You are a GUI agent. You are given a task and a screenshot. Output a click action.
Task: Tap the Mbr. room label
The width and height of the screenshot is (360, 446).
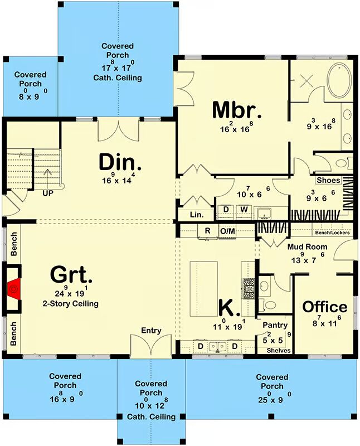click(x=237, y=110)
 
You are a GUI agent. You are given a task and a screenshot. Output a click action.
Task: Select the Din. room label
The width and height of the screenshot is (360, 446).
click(x=120, y=162)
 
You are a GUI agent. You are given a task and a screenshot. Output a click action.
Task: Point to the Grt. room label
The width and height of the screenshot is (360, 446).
click(x=71, y=275)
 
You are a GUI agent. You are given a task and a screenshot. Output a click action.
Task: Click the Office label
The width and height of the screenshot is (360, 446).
click(x=324, y=307)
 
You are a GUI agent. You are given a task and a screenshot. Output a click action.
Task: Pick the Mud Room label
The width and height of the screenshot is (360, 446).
click(x=307, y=246)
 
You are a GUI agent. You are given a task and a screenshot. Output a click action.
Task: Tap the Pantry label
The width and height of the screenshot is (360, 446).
click(x=275, y=325)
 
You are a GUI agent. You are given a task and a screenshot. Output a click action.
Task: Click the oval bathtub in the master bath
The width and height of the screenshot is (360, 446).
click(x=339, y=81)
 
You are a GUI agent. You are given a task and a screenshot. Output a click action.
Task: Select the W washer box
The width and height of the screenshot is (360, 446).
click(x=244, y=210)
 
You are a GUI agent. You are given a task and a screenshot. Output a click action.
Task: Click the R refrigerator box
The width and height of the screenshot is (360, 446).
click(x=207, y=231)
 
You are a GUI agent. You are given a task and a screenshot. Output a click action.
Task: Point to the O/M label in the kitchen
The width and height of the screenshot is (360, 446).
click(x=228, y=231)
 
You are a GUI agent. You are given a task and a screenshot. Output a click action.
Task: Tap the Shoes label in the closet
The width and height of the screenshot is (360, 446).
click(x=328, y=180)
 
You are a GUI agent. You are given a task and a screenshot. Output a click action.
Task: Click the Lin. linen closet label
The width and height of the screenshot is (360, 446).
click(x=197, y=215)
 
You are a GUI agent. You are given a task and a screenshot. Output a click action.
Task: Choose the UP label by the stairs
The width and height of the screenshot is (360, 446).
click(x=48, y=193)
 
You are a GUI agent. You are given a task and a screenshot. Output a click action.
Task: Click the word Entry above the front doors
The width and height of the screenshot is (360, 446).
click(x=151, y=331)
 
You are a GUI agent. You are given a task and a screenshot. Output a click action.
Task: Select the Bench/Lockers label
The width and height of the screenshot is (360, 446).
click(x=333, y=232)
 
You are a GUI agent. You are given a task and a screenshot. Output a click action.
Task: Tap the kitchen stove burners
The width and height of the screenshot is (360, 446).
click(x=248, y=288)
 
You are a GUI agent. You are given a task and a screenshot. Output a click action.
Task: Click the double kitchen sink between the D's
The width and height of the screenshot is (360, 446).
click(x=217, y=346)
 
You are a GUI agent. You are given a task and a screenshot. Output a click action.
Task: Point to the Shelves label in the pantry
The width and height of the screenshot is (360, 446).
click(x=279, y=351)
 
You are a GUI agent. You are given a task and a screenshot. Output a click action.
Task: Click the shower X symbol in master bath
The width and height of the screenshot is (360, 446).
click(x=307, y=81)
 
